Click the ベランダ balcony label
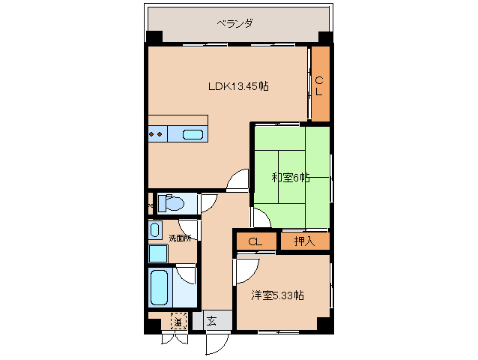coord(235,23)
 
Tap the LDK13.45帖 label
coord(238,86)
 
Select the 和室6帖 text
coord(290,178)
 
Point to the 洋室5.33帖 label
coord(277,295)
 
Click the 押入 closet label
coord(304,241)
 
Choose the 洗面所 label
coord(180,238)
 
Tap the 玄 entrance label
coord(211,322)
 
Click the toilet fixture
coord(172,203)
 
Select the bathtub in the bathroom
coord(160,288)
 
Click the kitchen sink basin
coord(193,135)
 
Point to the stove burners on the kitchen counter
coord(157,135)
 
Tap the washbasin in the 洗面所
coord(155,230)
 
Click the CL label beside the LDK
coord(319,85)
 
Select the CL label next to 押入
coord(255,241)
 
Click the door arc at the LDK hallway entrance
coord(238,180)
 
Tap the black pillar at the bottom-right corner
coord(324,324)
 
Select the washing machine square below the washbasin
coord(158,253)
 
